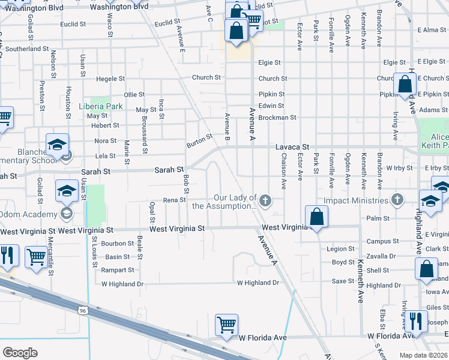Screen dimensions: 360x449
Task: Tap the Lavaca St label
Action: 292,146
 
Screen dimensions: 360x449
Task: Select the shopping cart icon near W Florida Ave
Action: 226,325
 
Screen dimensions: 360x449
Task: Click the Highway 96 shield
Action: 83,310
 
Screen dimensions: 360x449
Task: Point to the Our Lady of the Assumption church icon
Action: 264,199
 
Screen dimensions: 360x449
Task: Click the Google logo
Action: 20,352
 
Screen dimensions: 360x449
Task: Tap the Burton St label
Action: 199,140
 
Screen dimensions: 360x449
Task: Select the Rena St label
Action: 174,200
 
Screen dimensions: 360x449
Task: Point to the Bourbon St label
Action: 117,243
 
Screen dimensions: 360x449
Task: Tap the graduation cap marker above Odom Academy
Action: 67,191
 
